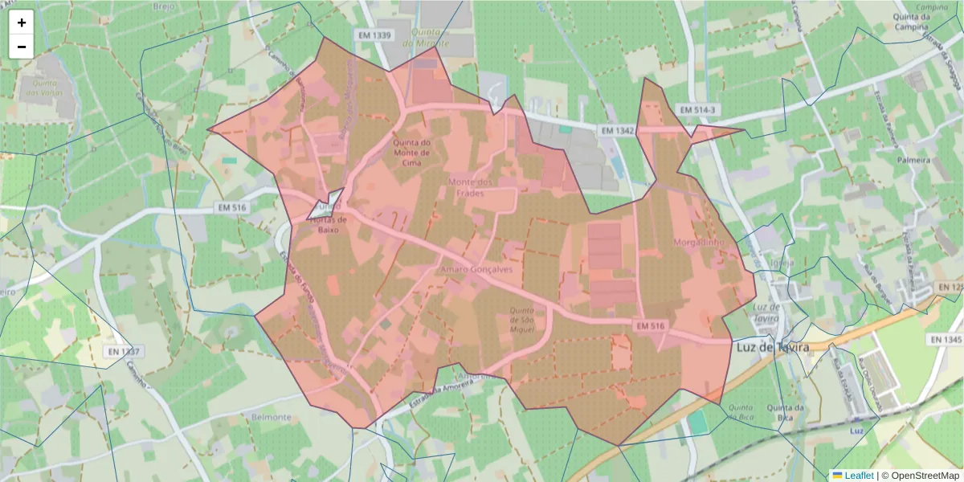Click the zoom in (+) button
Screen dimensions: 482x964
pyautogui.click(x=22, y=22)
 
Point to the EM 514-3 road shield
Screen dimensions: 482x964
pyautogui.click(x=696, y=109)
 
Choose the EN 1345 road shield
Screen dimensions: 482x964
pyautogui.click(x=946, y=341)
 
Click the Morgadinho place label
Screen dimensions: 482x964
pyautogui.click(x=699, y=242)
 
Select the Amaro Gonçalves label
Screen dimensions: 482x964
pyautogui.click(x=476, y=270)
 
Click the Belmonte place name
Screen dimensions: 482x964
pyautogui.click(x=271, y=418)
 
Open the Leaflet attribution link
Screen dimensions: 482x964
pyautogui.click(x=858, y=476)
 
